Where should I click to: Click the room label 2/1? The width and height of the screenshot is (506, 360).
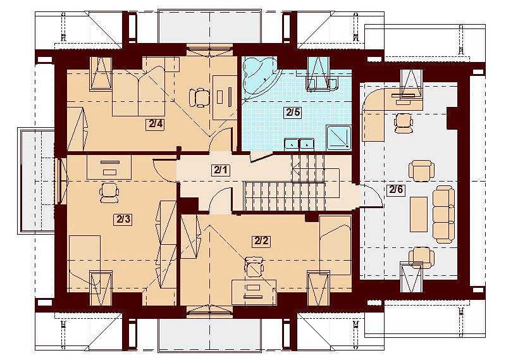tap(219, 170)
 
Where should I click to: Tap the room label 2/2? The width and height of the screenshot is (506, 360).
tap(261, 240)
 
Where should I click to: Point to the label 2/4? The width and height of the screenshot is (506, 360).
tap(156, 124)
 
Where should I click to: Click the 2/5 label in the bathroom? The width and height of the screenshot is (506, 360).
tap(292, 113)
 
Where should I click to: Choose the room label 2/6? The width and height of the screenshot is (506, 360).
tap(396, 189)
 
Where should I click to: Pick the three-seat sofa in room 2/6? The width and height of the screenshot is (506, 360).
tap(443, 213)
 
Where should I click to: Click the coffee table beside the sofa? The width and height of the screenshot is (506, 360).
tap(418, 214)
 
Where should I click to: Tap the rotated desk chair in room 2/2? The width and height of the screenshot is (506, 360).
tap(254, 267)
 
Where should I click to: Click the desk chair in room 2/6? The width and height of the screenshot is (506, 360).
tap(402, 121)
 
